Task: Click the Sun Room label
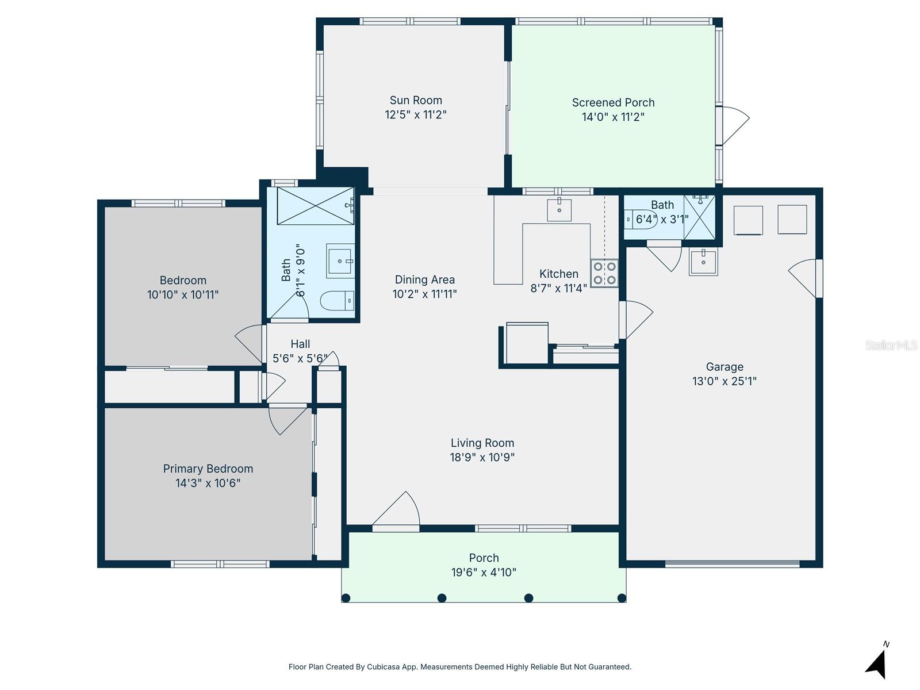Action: tap(416, 100)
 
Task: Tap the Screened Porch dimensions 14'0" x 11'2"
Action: tap(613, 117)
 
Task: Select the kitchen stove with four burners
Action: tap(604, 273)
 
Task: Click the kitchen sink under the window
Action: tap(559, 209)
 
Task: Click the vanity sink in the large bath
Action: tap(341, 260)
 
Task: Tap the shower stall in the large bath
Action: tap(315, 205)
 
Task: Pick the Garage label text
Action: tap(724, 367)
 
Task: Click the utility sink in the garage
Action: tap(703, 263)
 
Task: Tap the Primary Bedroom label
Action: tap(208, 469)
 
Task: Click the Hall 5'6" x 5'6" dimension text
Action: tap(300, 358)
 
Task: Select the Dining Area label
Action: tap(424, 279)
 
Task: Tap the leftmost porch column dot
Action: tap(346, 598)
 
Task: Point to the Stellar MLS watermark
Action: tap(891, 345)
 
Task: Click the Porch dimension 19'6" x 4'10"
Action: tap(484, 572)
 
